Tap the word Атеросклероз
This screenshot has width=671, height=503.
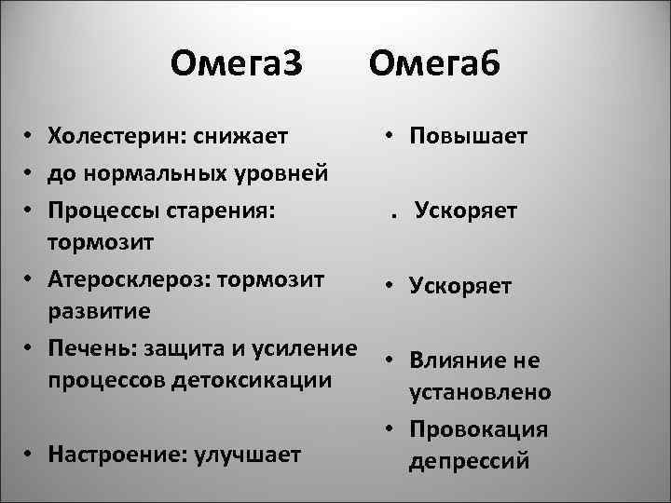[124, 279]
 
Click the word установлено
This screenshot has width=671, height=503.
[480, 392]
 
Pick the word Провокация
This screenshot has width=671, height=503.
[478, 430]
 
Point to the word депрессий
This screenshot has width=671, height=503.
[469, 460]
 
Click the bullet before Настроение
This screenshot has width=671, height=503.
[31, 455]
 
